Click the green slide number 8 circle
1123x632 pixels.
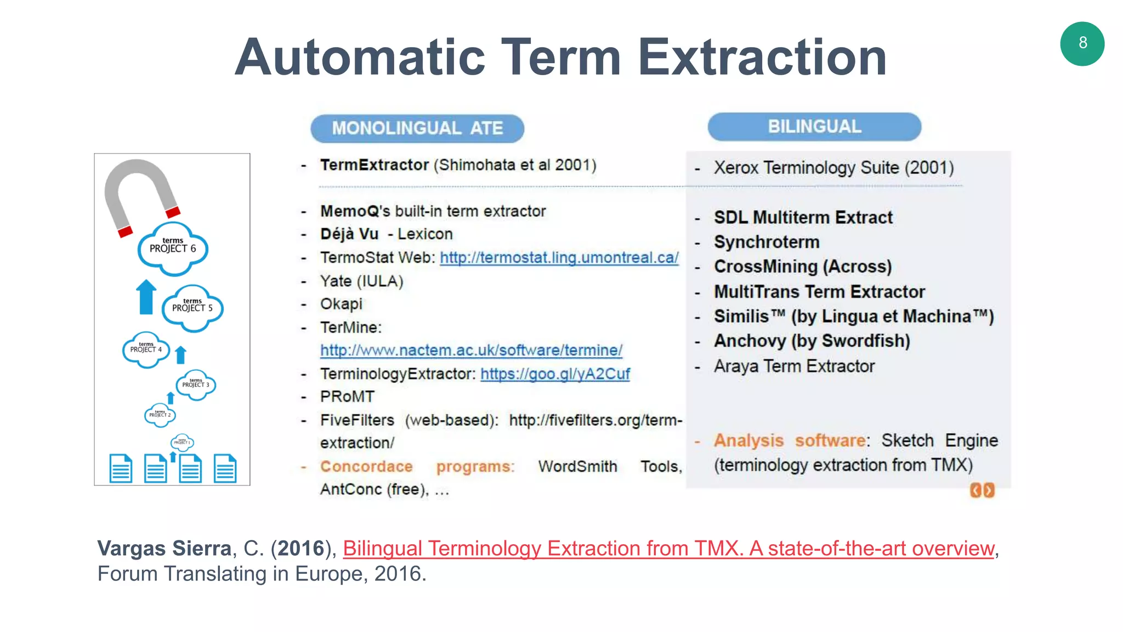click(x=1082, y=44)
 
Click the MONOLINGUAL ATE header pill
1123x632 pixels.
click(x=417, y=128)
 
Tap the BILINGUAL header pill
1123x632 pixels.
click(x=814, y=127)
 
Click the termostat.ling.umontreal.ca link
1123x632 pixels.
click(x=559, y=257)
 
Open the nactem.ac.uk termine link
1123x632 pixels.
click(x=471, y=350)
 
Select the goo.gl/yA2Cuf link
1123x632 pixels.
click(x=555, y=374)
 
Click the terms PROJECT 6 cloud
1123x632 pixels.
click(x=173, y=249)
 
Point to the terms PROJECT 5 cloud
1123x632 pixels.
click(x=192, y=308)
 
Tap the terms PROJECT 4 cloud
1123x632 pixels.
click(x=146, y=349)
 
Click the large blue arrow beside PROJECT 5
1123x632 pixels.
click(x=146, y=297)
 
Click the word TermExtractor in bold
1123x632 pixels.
click(x=375, y=165)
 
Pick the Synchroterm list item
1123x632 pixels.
click(x=766, y=242)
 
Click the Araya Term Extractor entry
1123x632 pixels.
click(x=793, y=366)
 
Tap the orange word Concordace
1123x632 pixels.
click(x=366, y=466)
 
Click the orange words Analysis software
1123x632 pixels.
click(x=790, y=441)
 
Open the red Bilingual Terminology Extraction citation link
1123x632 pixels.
click(x=668, y=548)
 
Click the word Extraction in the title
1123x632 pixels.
click(x=762, y=57)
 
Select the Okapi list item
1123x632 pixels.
click(x=341, y=304)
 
